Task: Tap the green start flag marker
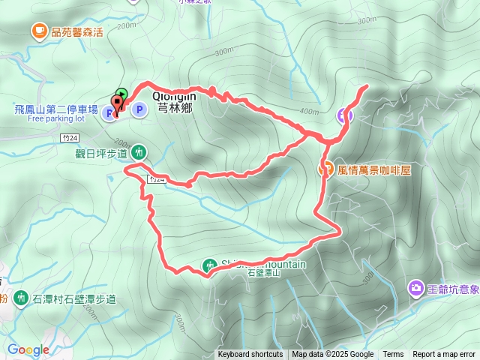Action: (123, 94)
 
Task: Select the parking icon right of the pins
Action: (139, 110)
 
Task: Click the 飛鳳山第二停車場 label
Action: (56, 109)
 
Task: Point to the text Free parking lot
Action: (56, 118)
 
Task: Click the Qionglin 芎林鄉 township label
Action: (175, 102)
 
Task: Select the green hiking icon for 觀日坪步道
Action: (139, 153)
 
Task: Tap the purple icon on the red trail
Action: (345, 115)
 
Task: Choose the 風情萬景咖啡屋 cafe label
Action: (374, 170)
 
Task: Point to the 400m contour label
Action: (308, 111)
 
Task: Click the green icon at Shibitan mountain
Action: (209, 264)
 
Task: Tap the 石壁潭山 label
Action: (262, 274)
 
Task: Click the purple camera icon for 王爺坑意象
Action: (415, 288)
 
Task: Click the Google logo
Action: (28, 349)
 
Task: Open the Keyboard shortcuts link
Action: (250, 355)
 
